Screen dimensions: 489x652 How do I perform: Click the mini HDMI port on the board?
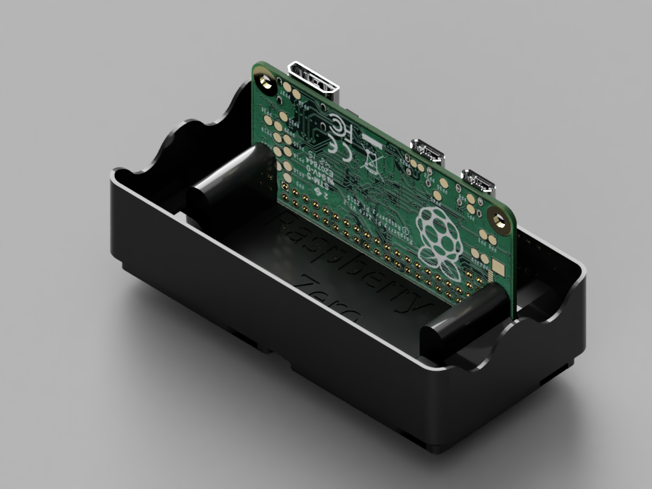coord(314,78)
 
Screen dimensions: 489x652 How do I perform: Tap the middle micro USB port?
coord(427,150)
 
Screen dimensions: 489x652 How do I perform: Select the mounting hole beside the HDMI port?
coord(267,82)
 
